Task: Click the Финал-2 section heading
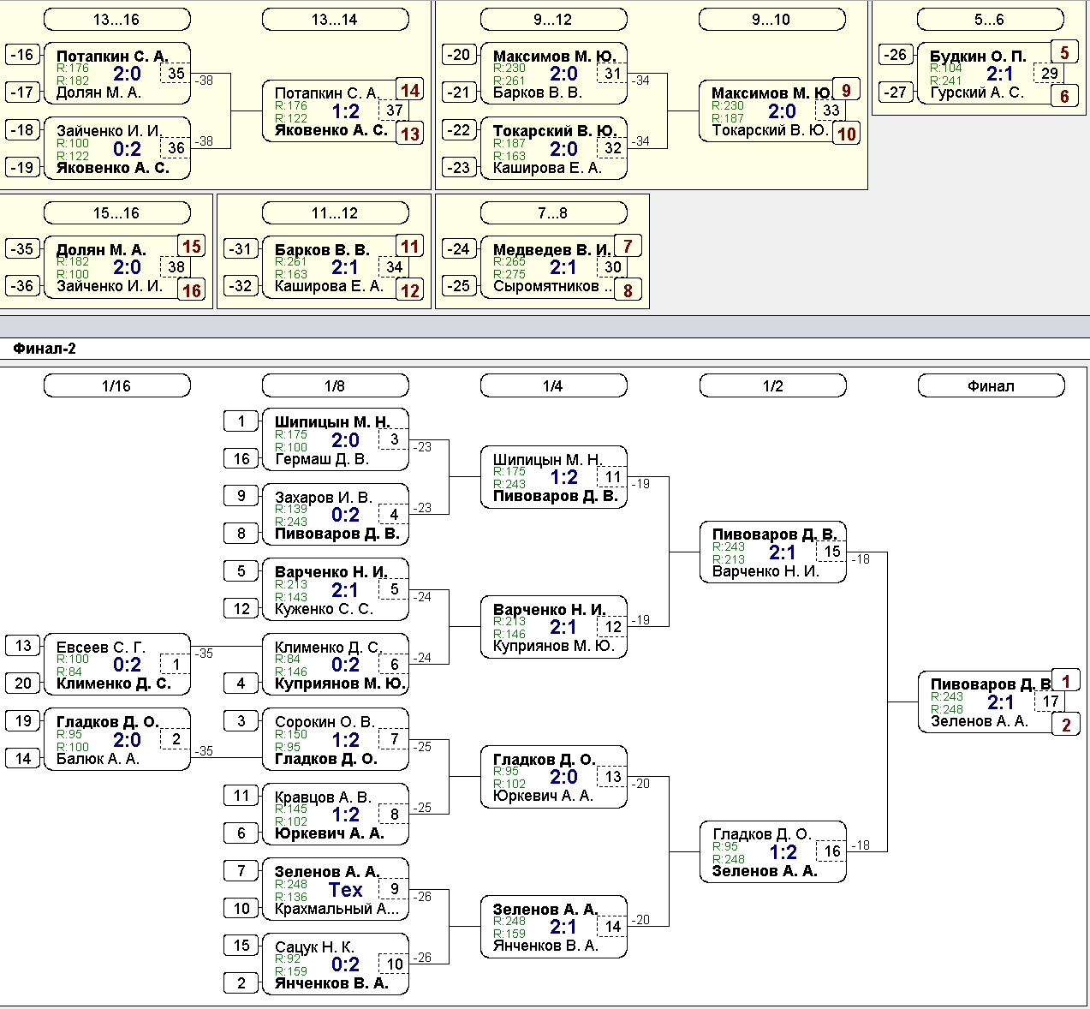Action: click(45, 349)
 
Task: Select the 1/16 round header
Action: click(117, 385)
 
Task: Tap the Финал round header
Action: click(992, 385)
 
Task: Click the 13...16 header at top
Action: click(117, 20)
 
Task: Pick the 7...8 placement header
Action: click(553, 213)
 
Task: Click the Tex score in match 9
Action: click(345, 889)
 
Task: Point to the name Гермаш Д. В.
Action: click(322, 459)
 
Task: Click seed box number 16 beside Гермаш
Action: click(241, 458)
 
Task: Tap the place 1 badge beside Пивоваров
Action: click(1066, 682)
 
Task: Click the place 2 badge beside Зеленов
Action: click(1066, 725)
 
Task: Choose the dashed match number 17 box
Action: click(1050, 702)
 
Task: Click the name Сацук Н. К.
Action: click(314, 947)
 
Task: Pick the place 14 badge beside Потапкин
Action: click(410, 90)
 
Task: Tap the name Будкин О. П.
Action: click(978, 57)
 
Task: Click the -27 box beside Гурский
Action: click(895, 93)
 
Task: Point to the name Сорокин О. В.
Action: click(325, 722)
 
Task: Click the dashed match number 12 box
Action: click(612, 627)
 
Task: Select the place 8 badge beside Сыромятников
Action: click(628, 290)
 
